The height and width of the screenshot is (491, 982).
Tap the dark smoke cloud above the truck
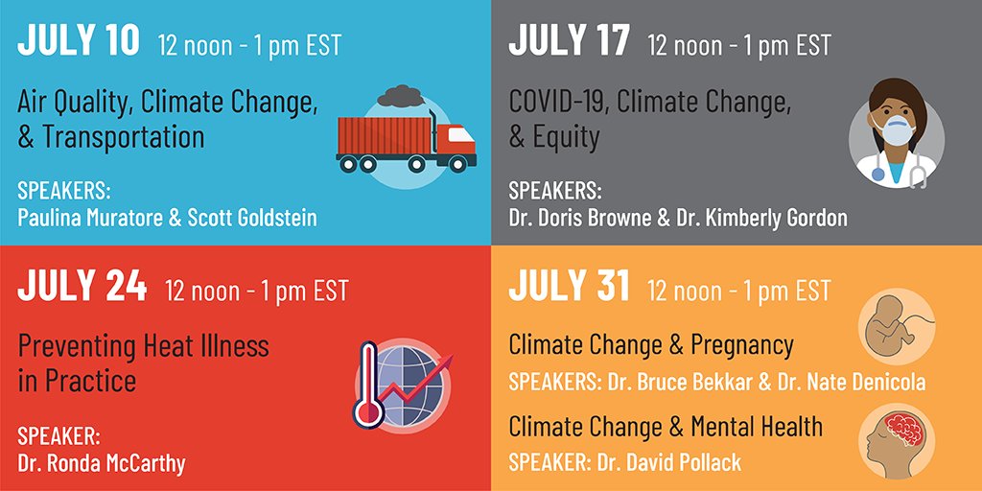pos(402,96)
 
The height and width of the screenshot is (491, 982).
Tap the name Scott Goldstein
pos(250,217)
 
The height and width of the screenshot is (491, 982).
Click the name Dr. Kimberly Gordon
pos(764,217)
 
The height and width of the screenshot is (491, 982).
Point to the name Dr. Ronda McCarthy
pos(102,463)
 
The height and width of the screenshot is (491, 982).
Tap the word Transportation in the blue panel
pos(124,137)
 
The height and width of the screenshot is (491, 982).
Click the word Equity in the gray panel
pos(566,137)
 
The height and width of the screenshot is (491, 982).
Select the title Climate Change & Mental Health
pos(666,425)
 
